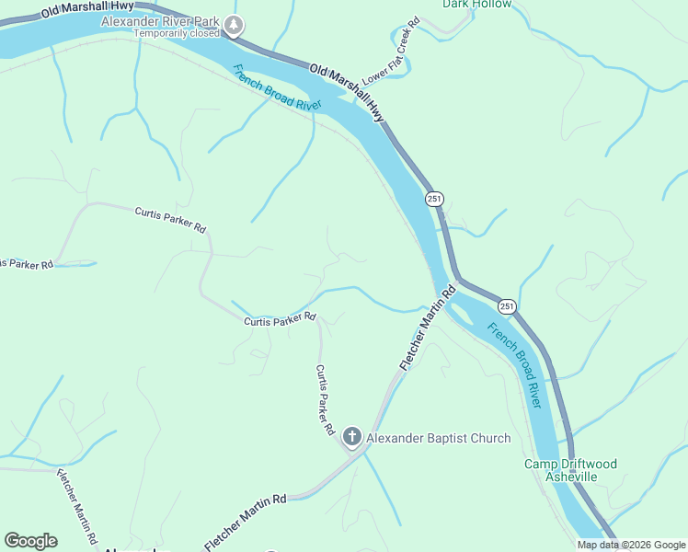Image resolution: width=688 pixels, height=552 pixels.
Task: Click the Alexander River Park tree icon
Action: (x=235, y=25)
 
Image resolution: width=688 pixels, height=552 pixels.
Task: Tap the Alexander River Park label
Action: (x=160, y=20)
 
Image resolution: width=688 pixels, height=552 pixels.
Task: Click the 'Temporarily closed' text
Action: (x=177, y=34)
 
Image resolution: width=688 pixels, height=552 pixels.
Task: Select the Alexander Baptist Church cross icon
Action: (x=351, y=438)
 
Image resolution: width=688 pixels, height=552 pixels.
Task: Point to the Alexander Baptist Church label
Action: (x=438, y=438)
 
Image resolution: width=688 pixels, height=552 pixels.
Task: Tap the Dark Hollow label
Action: (x=476, y=4)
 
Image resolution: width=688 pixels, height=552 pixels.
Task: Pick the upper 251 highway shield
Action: (x=435, y=199)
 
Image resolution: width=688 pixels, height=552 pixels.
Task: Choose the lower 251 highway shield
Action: (x=506, y=305)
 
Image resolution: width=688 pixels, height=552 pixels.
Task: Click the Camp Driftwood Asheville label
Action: (x=571, y=470)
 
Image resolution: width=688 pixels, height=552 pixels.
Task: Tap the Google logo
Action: (x=30, y=541)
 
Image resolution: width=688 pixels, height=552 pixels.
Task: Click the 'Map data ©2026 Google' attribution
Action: (x=632, y=545)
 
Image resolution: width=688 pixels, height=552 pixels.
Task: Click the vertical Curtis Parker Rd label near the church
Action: (x=325, y=400)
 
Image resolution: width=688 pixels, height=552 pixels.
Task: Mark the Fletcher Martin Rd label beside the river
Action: (x=428, y=328)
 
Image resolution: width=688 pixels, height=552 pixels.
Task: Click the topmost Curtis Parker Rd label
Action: (x=170, y=220)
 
